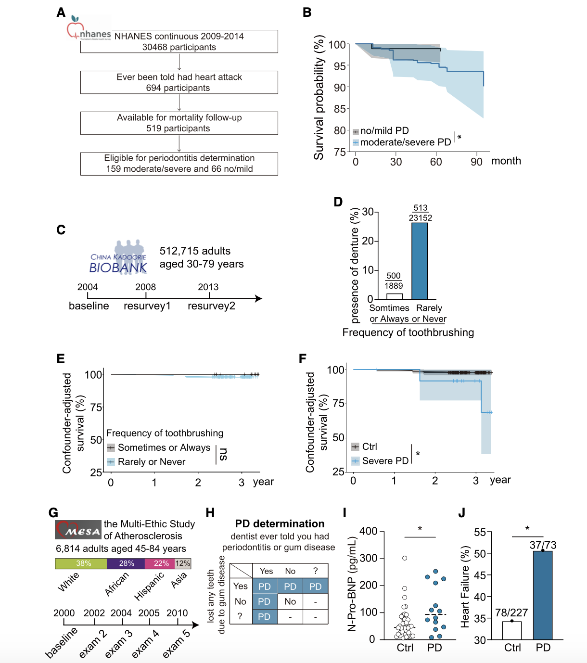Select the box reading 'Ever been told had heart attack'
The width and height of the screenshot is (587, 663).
[179, 82]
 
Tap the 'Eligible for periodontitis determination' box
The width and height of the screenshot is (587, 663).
[179, 164]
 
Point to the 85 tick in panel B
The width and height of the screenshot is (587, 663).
[340, 109]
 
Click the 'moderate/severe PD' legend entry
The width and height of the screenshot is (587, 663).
[405, 142]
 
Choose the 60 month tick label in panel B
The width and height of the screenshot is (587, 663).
[436, 162]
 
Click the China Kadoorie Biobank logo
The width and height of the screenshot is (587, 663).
[119, 258]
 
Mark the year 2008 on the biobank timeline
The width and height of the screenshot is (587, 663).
[145, 287]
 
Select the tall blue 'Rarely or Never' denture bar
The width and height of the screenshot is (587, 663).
[420, 261]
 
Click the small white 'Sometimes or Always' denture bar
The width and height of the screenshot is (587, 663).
[395, 296]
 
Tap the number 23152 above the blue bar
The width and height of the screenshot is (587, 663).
[421, 218]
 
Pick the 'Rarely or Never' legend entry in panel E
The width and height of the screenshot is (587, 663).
[151, 462]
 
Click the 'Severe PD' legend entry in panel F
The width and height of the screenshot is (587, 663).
[385, 461]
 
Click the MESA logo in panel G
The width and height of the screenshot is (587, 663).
[78, 530]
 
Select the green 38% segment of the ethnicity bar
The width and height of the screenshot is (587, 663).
[81, 563]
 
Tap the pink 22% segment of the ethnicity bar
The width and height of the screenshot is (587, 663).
[161, 563]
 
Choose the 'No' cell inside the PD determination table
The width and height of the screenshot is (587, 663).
[290, 601]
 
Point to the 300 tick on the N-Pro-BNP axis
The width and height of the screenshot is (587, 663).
[369, 558]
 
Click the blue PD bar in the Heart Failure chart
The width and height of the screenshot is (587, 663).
[543, 595]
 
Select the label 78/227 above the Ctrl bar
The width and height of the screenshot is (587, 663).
[511, 612]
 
